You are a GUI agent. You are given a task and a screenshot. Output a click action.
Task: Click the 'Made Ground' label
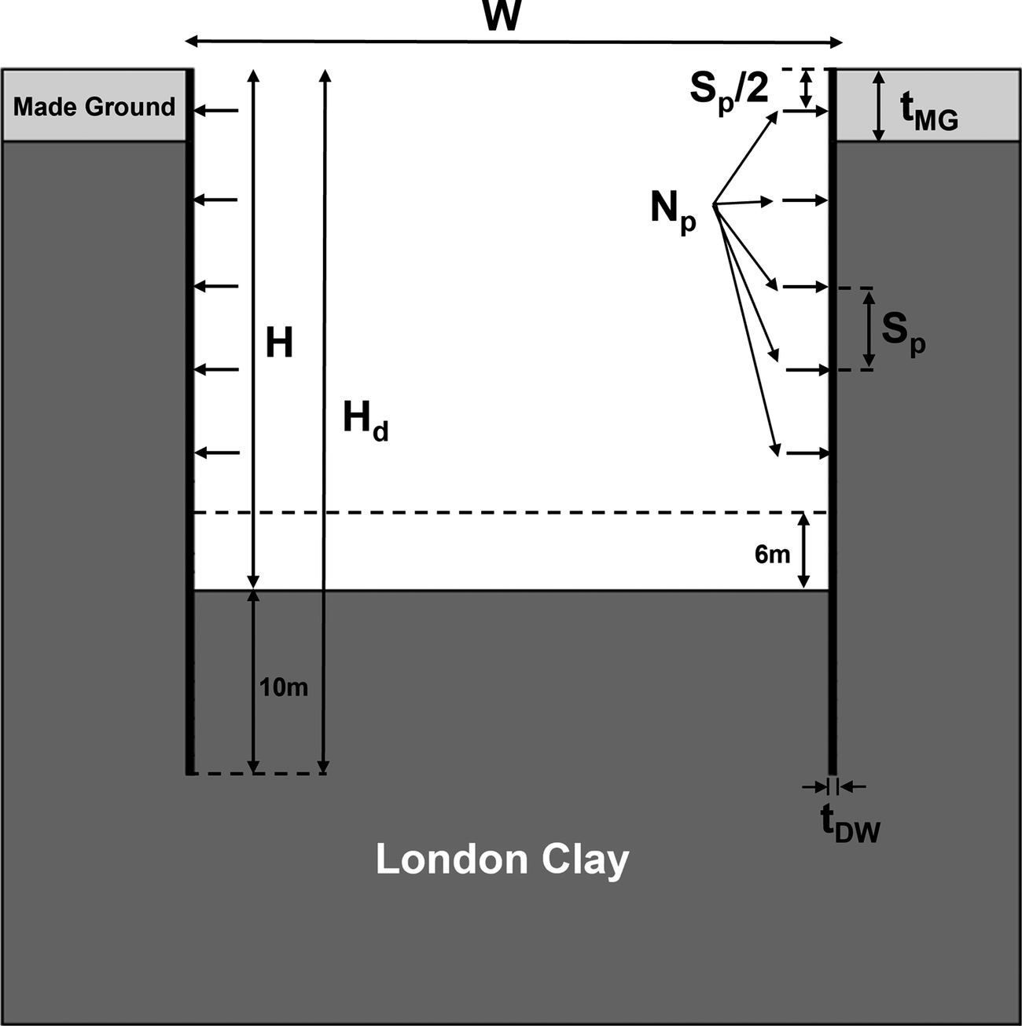tap(94, 106)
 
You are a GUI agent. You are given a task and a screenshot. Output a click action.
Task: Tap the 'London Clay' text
tap(502, 859)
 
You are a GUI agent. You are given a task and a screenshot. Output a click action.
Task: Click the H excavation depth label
tap(279, 343)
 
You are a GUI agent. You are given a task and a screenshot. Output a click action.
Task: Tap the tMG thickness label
tap(928, 111)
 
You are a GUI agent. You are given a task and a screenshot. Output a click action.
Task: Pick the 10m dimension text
tap(284, 687)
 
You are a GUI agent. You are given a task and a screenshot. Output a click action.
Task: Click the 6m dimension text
tap(772, 555)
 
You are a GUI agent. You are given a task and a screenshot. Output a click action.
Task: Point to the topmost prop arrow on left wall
tap(216, 111)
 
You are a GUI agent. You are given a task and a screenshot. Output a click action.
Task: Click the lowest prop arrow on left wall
tap(216, 453)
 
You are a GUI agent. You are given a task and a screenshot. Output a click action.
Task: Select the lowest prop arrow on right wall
tap(807, 453)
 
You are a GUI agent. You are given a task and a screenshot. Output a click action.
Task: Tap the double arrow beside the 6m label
tap(803, 550)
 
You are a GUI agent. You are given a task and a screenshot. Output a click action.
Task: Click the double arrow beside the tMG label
tap(880, 106)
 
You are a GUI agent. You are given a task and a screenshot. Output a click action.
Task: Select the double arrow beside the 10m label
tap(253, 681)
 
